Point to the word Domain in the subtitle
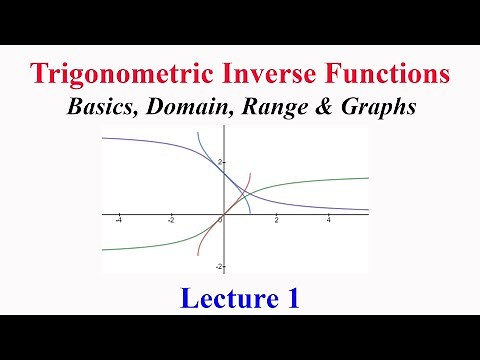tap(184, 107)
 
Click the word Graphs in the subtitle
tap(375, 107)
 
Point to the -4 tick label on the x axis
tap(118, 221)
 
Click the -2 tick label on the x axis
tap(171, 221)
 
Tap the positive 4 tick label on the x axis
tap(328, 221)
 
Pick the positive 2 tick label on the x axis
tap(276, 221)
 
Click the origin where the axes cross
tap(224, 214)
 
